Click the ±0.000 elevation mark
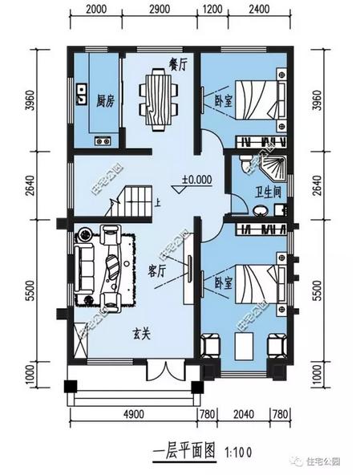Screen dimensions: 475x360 pos(196,181)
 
